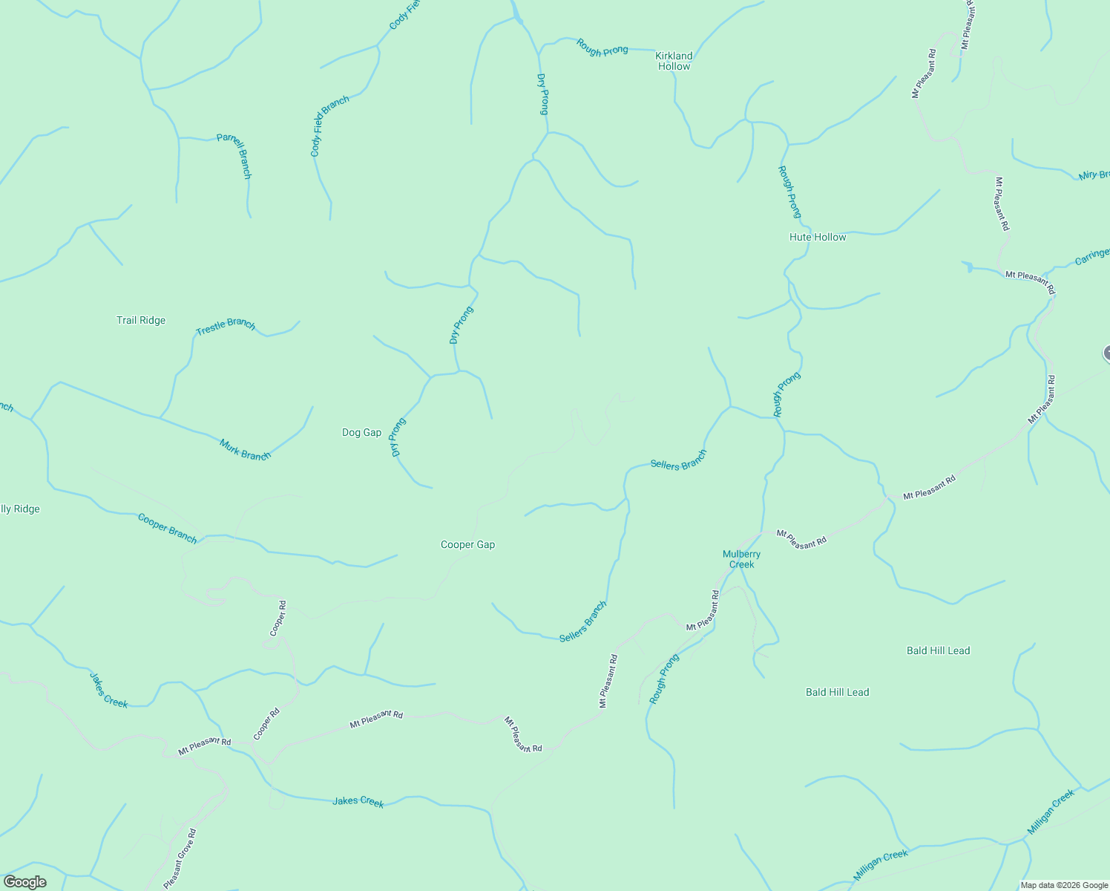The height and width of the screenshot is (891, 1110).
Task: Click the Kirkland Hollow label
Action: click(x=674, y=61)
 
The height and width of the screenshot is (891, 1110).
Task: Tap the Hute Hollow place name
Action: click(x=818, y=238)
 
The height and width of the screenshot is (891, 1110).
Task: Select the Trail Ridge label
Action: click(x=141, y=321)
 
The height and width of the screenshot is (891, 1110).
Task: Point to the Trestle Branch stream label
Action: click(x=226, y=326)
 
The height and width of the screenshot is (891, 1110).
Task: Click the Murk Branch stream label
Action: click(x=245, y=450)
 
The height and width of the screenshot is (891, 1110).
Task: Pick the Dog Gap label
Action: click(x=361, y=433)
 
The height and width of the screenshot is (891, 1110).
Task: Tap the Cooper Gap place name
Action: click(x=467, y=545)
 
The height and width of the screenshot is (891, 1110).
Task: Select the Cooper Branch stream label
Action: click(x=168, y=528)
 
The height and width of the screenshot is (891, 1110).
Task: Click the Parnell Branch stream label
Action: click(x=234, y=155)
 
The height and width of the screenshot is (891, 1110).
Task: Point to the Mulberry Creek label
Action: click(x=741, y=559)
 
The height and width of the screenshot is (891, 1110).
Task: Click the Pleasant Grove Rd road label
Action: click(x=180, y=859)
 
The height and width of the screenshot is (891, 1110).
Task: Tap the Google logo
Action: click(x=25, y=882)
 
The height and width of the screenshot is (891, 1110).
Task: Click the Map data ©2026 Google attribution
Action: click(x=1064, y=885)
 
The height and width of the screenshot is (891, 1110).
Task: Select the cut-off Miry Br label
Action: click(x=1094, y=175)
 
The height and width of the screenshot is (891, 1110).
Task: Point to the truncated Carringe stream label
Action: click(x=1091, y=257)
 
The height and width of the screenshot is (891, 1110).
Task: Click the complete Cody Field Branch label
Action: click(x=329, y=126)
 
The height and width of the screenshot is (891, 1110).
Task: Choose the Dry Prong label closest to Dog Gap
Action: click(x=398, y=437)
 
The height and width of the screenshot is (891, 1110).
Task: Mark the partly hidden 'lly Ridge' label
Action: click(x=20, y=509)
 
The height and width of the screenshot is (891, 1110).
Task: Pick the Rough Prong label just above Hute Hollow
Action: click(x=789, y=192)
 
